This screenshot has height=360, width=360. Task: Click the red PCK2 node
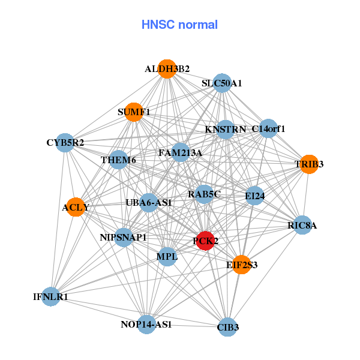[x=205, y=241]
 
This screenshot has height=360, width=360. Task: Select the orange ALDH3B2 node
[x=167, y=69]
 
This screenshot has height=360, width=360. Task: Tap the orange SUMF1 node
[x=134, y=112]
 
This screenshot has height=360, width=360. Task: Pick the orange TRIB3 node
[x=308, y=164]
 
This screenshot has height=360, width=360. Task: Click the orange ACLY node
[x=75, y=208]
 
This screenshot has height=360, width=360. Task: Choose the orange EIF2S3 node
[x=241, y=264]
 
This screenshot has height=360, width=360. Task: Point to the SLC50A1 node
[x=222, y=83]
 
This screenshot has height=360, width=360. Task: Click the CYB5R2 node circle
[x=65, y=143]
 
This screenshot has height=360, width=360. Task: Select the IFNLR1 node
[x=51, y=296]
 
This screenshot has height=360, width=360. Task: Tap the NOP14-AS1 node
[x=146, y=325]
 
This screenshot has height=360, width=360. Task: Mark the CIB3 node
[x=228, y=327]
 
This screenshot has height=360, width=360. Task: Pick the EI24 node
[x=255, y=196]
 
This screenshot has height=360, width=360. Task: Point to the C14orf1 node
[x=268, y=128]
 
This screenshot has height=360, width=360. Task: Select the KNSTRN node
[x=225, y=129]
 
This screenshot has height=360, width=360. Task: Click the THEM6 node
[x=119, y=160]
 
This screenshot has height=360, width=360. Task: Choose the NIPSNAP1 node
[x=124, y=238]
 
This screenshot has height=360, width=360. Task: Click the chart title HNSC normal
[x=179, y=25]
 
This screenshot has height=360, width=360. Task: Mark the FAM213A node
[x=180, y=152]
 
